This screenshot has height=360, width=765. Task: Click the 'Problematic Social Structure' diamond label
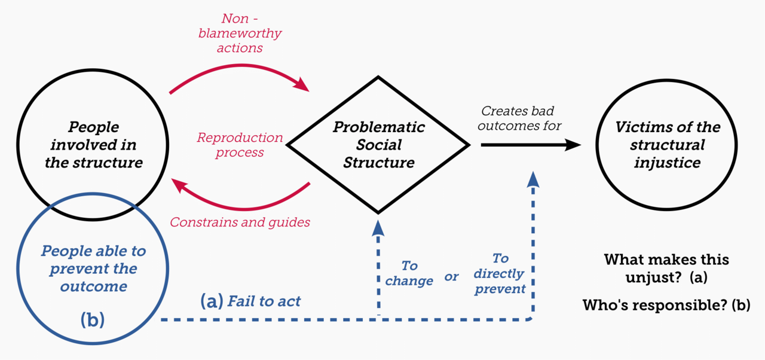point(378,145)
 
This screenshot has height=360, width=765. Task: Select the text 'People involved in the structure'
point(93,145)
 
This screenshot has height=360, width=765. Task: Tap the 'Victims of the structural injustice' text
point(667,145)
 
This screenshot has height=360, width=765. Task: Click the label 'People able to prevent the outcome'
point(93,269)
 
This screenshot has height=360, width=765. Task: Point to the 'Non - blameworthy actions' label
point(240,33)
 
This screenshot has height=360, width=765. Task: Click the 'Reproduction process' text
point(240,145)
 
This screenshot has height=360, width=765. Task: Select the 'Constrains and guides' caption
point(240,222)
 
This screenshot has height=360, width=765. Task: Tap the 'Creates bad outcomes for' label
point(520,118)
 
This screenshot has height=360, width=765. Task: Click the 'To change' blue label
point(409,273)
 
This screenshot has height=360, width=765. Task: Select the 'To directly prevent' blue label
point(500,273)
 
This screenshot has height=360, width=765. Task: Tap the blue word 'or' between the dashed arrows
point(451,276)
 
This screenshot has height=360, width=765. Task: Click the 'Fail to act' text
point(264,301)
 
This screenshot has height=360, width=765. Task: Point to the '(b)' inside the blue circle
point(92,320)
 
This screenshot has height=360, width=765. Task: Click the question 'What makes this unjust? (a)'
point(666,269)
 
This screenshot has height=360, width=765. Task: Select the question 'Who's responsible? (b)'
point(666,305)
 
